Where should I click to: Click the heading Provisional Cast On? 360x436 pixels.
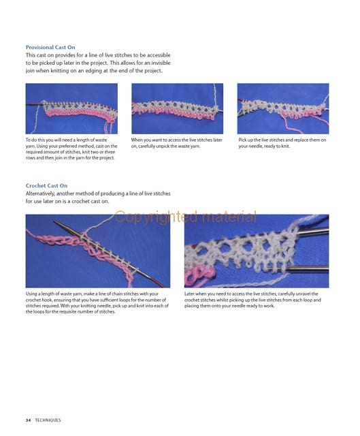50,47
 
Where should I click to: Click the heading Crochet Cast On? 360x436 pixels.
46,186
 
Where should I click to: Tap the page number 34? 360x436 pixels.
28,420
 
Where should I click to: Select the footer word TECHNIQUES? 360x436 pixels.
48,420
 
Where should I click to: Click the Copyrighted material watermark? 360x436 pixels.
185,217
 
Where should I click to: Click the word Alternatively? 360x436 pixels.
40,193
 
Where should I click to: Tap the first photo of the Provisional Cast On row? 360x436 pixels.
71,108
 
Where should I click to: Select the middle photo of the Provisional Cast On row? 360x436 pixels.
177,108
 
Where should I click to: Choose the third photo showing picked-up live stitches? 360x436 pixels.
283,108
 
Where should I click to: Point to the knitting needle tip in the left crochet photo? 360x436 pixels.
54,221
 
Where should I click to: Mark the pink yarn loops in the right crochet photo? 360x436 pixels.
199,275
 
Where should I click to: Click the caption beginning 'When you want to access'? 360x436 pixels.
177,143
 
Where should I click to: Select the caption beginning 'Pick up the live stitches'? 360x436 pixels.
282,143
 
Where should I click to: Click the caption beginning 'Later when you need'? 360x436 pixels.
252,300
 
